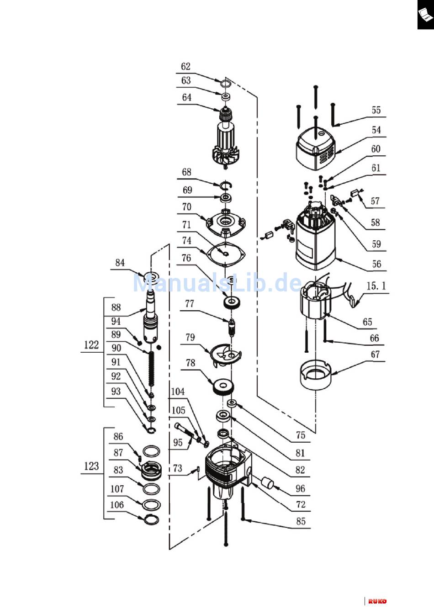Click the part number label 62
[185, 66]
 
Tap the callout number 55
[376, 110]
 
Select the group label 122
[91, 345]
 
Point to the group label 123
[91, 466]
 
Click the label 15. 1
[376, 286]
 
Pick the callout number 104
[178, 392]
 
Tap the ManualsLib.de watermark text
[217, 282]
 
